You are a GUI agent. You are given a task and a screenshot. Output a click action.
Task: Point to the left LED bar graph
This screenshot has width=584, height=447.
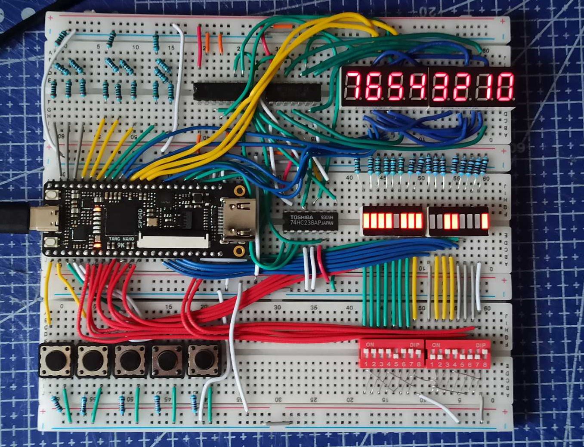coord(392,221)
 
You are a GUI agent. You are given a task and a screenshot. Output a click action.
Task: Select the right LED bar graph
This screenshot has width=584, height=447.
coord(458,221)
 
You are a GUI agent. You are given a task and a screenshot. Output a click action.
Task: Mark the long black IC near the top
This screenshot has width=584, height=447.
coord(257,91)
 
